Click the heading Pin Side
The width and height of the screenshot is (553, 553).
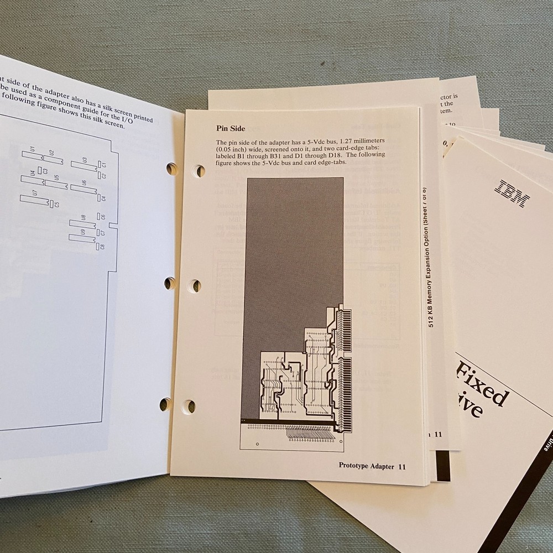(230, 129)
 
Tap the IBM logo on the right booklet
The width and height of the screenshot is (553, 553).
(513, 194)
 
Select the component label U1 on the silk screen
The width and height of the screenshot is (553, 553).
(33, 149)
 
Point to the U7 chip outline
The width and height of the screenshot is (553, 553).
(34, 198)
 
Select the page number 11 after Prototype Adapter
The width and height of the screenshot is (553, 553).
(402, 466)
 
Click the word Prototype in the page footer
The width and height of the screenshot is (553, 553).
(357, 466)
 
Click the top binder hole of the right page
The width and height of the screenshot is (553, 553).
(200, 171)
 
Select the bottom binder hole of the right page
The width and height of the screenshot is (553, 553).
(189, 406)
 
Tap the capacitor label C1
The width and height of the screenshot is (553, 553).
(103, 164)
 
